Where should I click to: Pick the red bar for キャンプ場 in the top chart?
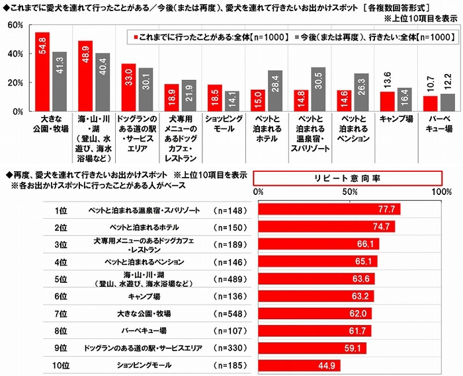pos(388,101)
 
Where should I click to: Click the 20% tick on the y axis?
pos(15,83)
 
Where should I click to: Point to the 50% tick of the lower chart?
pos(350,192)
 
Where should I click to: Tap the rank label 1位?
pos(63,210)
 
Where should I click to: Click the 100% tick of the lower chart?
pos(441,192)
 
